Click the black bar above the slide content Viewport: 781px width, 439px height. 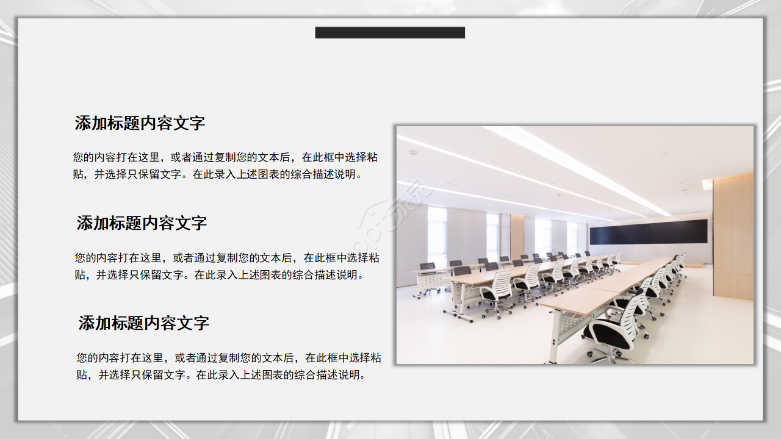point(390,32)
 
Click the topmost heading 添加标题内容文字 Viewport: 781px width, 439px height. point(140,123)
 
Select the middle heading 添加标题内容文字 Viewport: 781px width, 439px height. point(142,223)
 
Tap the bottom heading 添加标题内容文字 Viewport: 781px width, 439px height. point(143,323)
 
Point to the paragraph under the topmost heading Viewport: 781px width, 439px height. point(225,166)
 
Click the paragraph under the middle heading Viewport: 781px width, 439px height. point(226,266)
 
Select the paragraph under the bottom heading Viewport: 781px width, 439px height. point(228,366)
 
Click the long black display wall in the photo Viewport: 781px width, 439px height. point(648,232)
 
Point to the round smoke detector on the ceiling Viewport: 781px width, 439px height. point(413,152)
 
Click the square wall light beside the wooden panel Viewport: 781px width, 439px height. point(707,184)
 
